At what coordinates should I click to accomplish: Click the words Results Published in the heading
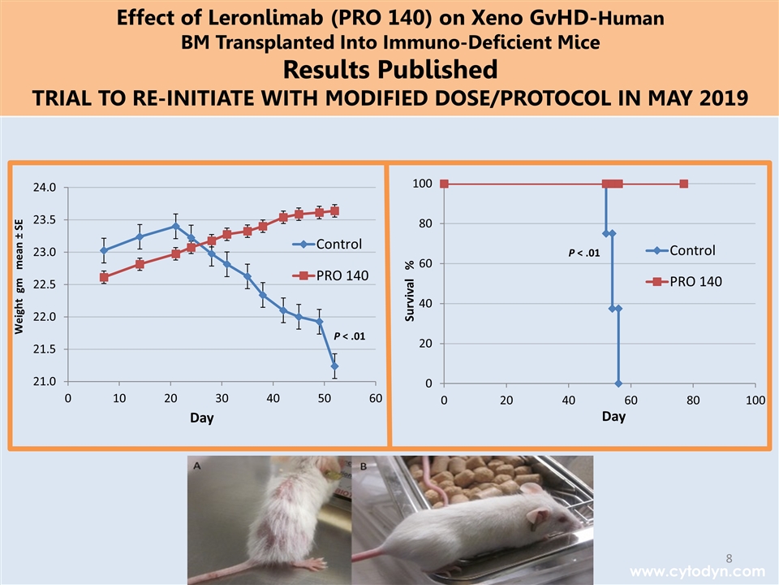click(389, 67)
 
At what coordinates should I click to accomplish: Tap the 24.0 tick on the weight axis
click(45, 188)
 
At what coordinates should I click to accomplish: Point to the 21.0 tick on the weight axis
click(45, 381)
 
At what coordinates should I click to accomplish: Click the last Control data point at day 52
click(334, 366)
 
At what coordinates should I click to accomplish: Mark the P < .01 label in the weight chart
click(350, 335)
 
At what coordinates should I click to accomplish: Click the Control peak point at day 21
click(175, 227)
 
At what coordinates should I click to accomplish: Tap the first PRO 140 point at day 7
click(104, 277)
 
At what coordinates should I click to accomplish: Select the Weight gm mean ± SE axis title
click(19, 276)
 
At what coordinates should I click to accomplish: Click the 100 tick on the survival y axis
click(421, 184)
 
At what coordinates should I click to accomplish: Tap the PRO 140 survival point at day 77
click(684, 184)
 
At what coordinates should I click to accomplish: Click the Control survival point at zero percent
click(618, 383)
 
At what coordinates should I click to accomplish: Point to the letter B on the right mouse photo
click(363, 466)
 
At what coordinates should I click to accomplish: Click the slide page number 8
click(729, 557)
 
